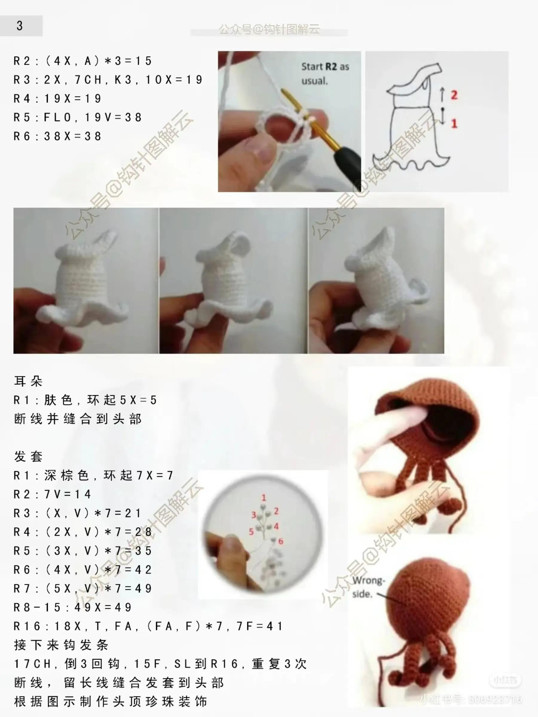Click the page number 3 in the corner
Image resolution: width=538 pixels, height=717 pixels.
point(19,26)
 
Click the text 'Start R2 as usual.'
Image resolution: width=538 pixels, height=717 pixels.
point(325,73)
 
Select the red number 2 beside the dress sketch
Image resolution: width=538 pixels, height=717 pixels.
point(454,95)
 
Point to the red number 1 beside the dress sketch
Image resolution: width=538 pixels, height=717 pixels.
point(454,123)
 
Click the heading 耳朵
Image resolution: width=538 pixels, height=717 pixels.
point(28,381)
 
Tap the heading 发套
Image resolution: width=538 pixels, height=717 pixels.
point(28,456)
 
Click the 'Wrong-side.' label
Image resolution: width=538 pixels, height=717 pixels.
point(367,587)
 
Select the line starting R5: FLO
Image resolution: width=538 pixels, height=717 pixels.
point(77,117)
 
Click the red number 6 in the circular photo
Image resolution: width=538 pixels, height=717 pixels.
point(281,541)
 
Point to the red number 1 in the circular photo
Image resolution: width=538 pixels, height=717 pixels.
point(264,497)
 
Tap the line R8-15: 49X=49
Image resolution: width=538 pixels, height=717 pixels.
point(73,607)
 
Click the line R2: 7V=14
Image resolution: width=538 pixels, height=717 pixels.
point(52,494)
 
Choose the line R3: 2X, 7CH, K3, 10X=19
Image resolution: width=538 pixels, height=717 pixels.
point(108,80)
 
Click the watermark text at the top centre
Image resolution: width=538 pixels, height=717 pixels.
point(269,30)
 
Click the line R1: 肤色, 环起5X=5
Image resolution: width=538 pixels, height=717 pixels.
point(85,400)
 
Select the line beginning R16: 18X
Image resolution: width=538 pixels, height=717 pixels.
point(148,626)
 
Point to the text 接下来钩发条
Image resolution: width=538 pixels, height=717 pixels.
point(61,645)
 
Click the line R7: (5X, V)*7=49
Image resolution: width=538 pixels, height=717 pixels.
point(83,588)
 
